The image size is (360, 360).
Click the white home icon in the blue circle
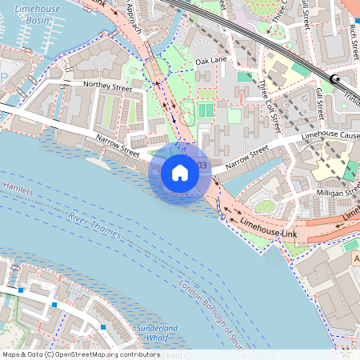coord(180,172)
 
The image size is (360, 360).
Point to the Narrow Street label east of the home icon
coord(246,158)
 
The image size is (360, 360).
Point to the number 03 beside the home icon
coord(202,166)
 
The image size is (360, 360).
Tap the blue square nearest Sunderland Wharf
coord(103,327)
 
